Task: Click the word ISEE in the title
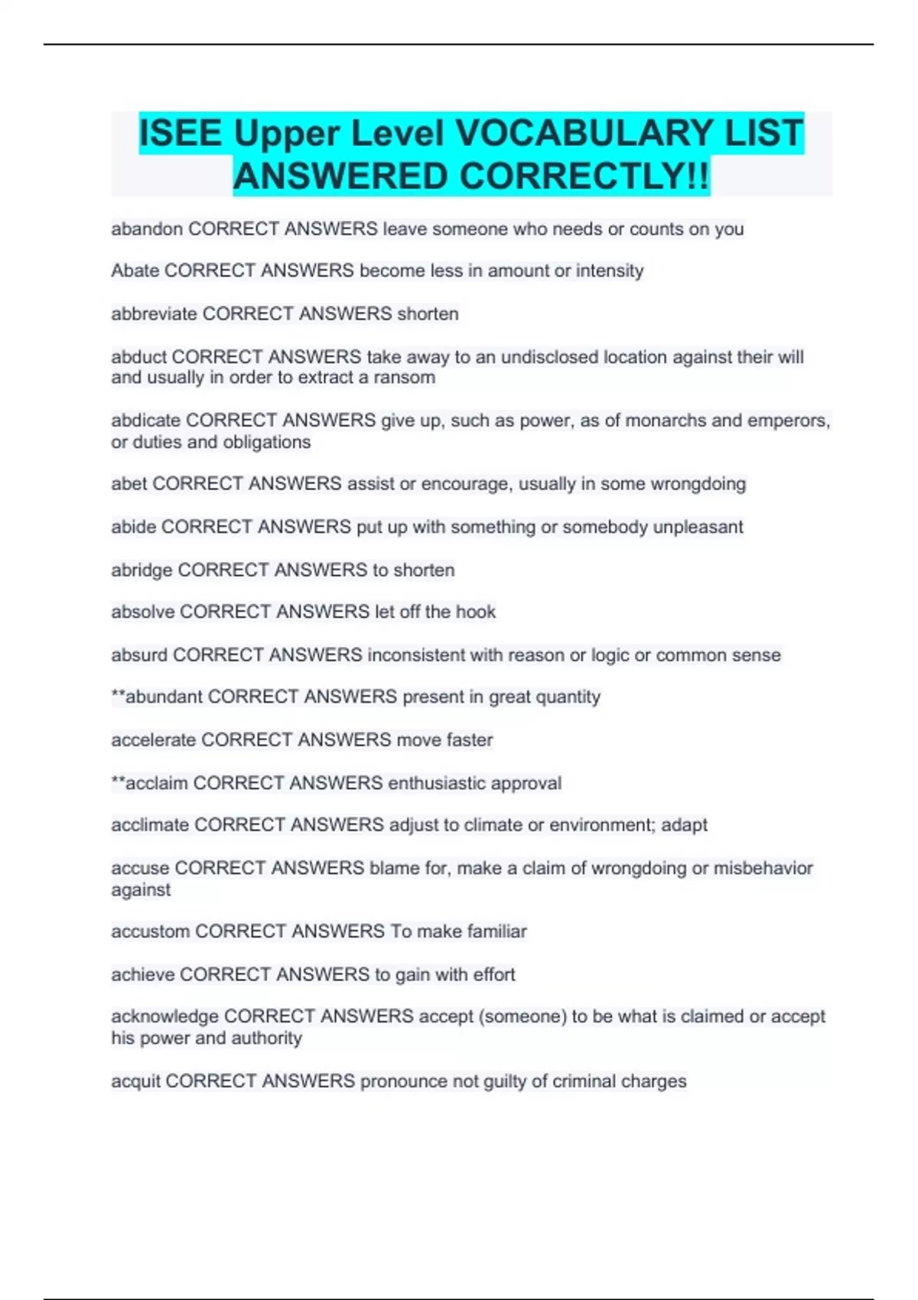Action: pos(181,133)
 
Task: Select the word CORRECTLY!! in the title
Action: pos(585,177)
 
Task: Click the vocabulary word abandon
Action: pos(147,229)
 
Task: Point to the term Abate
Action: pos(135,271)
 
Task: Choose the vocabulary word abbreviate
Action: pos(154,314)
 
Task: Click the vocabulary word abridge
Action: pos(142,570)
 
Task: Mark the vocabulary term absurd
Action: pos(139,655)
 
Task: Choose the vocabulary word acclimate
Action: pos(150,825)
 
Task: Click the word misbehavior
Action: pos(763,868)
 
